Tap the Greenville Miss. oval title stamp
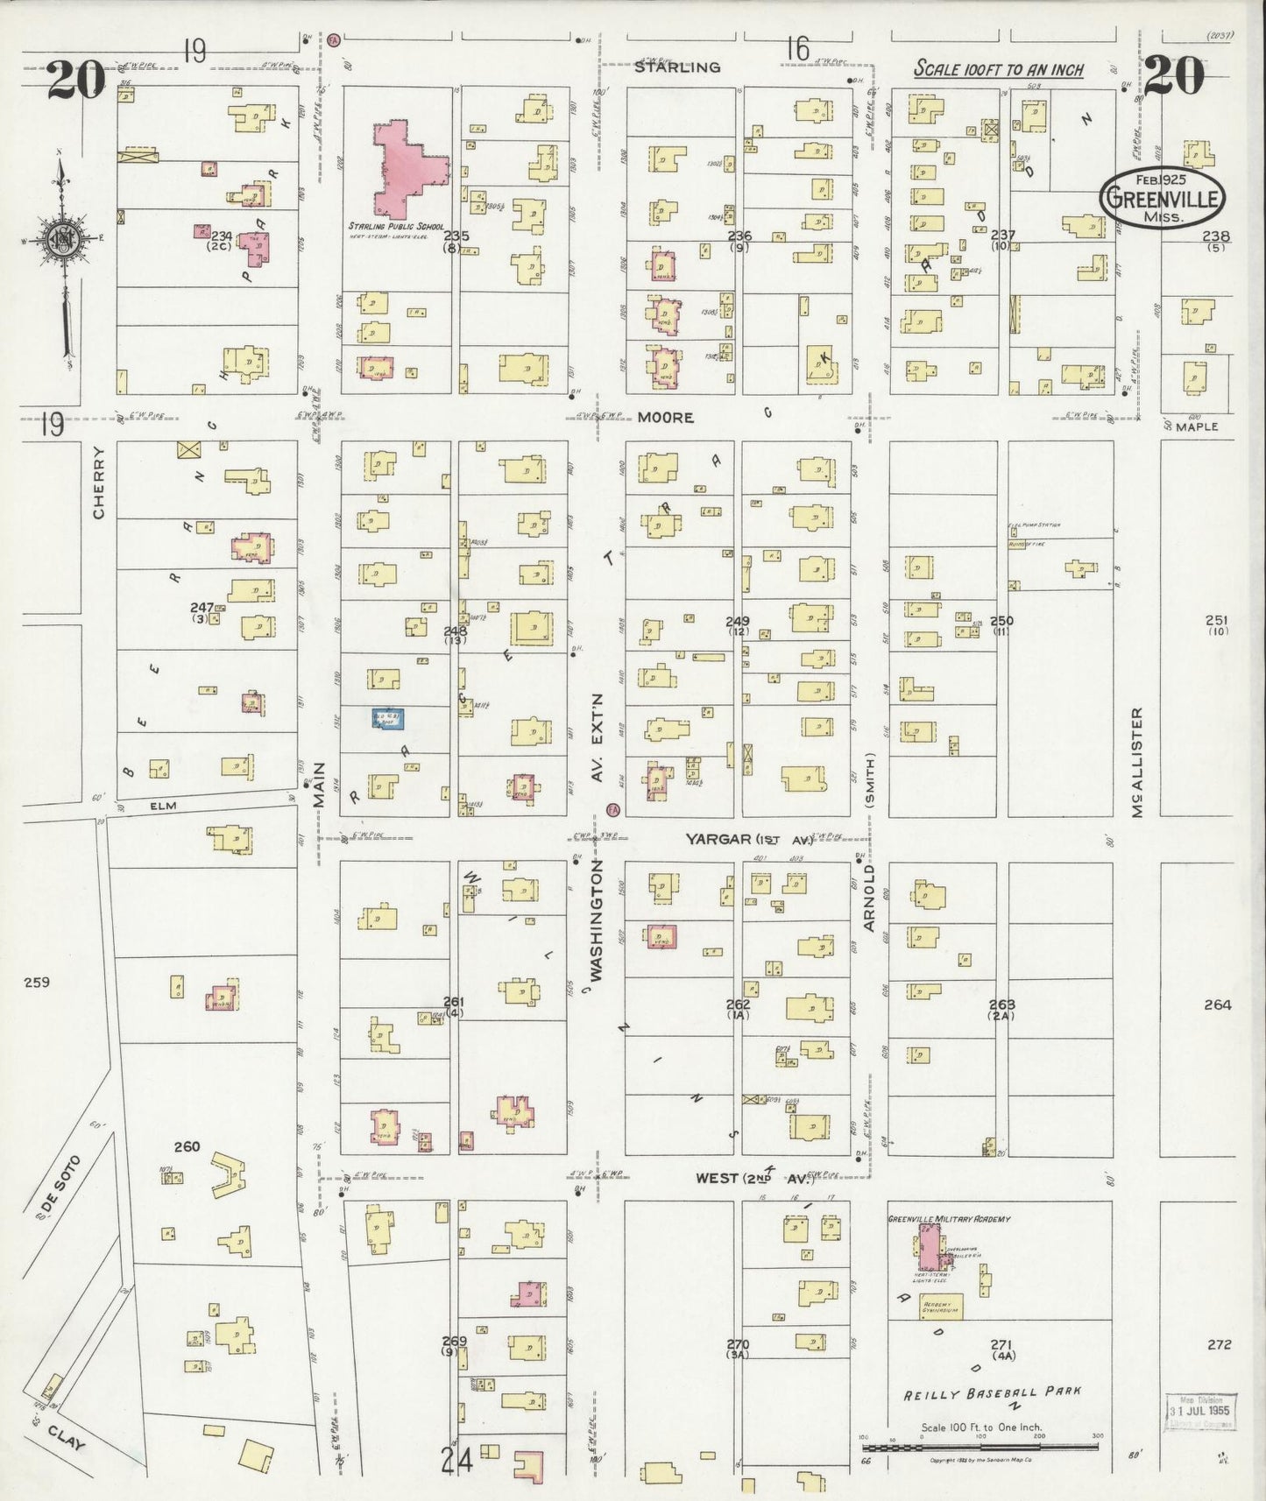(x=1163, y=200)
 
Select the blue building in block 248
(x=387, y=719)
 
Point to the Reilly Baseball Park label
(x=992, y=1392)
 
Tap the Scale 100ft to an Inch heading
(x=999, y=69)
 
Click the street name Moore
(x=665, y=418)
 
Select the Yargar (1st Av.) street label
(x=748, y=839)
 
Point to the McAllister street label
(x=1137, y=762)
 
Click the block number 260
(x=187, y=1146)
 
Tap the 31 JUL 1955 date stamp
(x=1199, y=1411)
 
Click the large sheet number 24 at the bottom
(x=457, y=1460)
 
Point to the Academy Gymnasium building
(x=940, y=1307)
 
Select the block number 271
(x=1001, y=1343)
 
